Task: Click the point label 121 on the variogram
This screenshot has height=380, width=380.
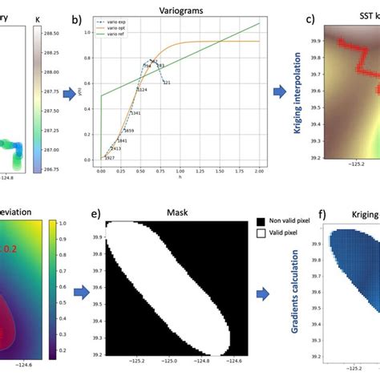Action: [166, 83]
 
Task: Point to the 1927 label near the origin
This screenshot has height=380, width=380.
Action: [107, 158]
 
